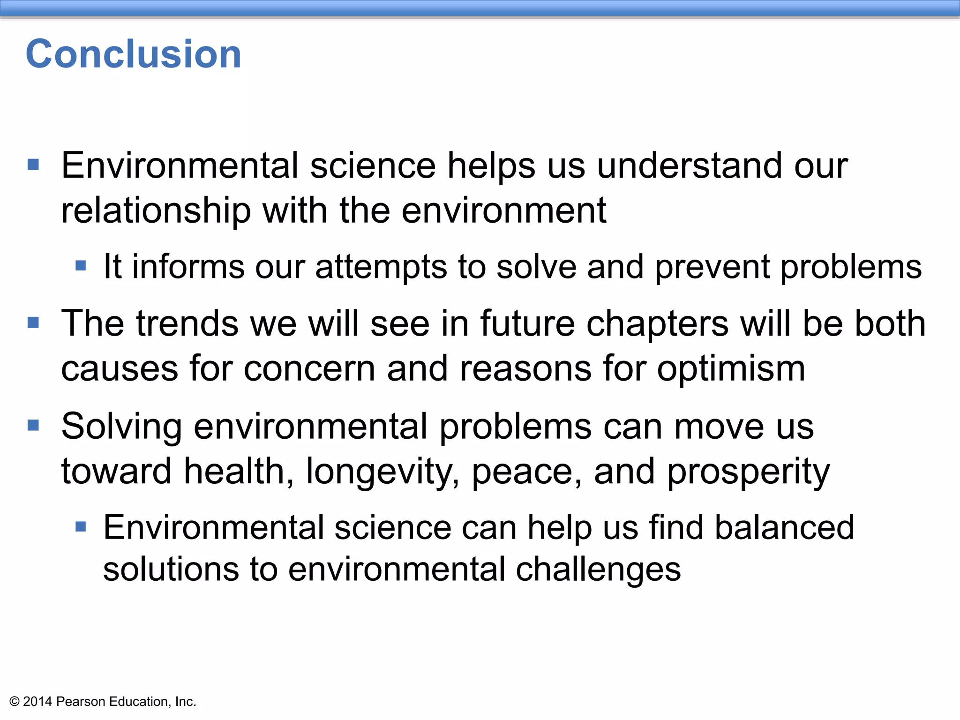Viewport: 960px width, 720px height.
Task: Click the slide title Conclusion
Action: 134,54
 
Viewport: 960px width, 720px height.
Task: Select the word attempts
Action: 381,267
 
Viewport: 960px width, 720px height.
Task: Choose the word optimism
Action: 731,369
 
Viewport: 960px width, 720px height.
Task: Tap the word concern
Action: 309,369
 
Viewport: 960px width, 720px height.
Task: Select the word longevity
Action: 382,472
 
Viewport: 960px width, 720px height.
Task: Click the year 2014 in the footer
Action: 37,702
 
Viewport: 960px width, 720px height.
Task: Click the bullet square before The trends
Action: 33,322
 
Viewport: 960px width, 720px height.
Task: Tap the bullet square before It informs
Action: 81,266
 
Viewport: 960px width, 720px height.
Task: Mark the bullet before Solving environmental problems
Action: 33,425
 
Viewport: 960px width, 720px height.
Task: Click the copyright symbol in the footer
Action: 15,702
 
